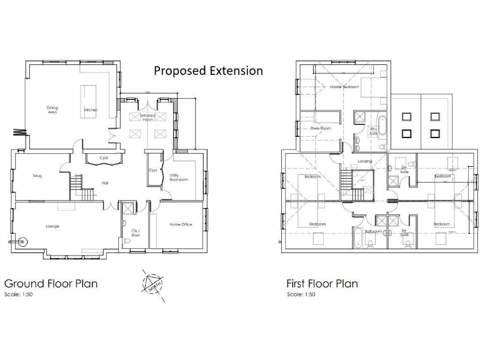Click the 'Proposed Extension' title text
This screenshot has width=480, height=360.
coord(208,71)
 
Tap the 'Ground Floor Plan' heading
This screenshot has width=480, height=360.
coord(51,283)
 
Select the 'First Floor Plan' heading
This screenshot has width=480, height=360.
coord(322,283)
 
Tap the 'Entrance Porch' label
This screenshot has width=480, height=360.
coord(148,117)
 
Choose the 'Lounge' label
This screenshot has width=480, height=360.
coord(52,226)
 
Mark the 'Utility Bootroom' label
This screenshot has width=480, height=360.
coord(179,177)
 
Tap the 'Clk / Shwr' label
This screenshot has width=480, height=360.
coord(135,233)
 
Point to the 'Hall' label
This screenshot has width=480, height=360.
coord(105,183)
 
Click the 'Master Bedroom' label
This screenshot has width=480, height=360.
coord(344,87)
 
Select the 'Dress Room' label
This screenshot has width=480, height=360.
coord(320,128)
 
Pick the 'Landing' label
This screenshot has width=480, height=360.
coord(364,161)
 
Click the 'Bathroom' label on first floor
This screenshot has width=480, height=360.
coord(373,231)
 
